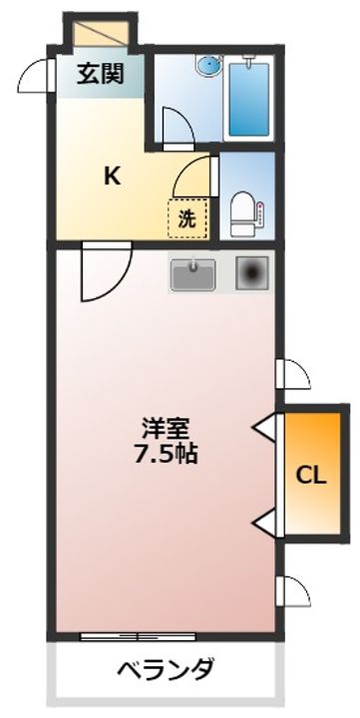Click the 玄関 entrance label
[x=101, y=73]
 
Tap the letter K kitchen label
[x=113, y=176]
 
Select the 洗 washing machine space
[x=187, y=218]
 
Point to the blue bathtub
[x=248, y=100]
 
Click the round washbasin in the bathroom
[x=208, y=64]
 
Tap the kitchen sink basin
[x=193, y=275]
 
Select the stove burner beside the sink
[x=252, y=273]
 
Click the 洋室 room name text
[x=166, y=430]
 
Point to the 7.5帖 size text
[x=166, y=454]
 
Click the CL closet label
[x=311, y=477]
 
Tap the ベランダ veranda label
[x=166, y=670]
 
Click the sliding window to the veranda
[x=138, y=636]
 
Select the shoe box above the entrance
[x=101, y=33]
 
